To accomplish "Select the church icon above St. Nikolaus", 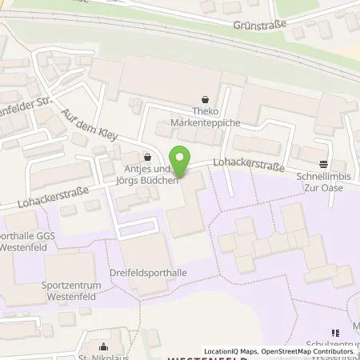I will click(x=104, y=347).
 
